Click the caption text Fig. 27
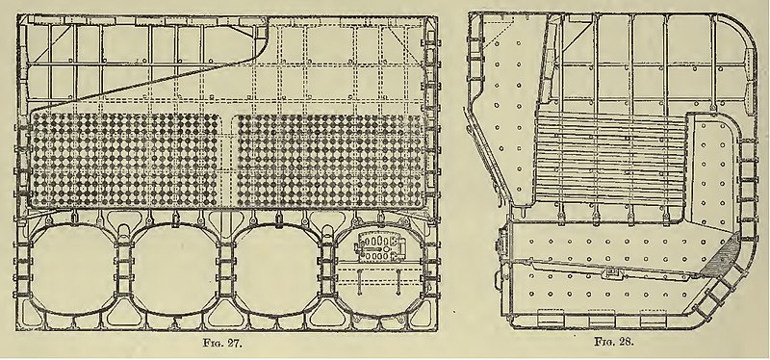(222, 343)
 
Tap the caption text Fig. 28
(614, 342)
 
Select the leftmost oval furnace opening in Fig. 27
(73, 270)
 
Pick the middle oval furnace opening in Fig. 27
(175, 270)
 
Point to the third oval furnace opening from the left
(278, 270)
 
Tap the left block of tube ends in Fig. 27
(125, 161)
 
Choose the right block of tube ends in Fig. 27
(330, 161)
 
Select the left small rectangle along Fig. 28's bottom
(550, 319)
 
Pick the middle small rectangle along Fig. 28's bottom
(602, 319)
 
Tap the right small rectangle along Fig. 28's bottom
(654, 319)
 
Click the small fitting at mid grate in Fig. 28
(611, 272)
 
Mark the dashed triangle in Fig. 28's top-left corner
(498, 30)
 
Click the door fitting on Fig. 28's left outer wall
(502, 243)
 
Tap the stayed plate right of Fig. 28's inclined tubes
(712, 172)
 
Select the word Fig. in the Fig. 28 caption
(605, 342)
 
